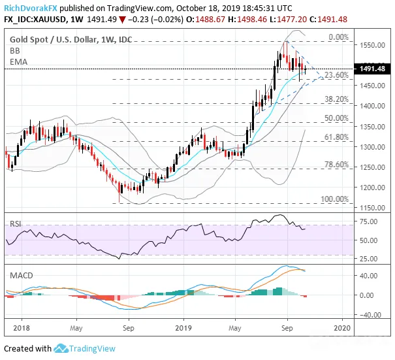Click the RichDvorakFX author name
[x=31, y=8]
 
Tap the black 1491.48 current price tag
[x=372, y=69]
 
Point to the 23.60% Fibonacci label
[x=336, y=75]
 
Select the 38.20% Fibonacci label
[x=336, y=99]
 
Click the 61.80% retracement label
[x=336, y=137]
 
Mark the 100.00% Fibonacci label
[x=334, y=199]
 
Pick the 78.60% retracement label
[x=336, y=165]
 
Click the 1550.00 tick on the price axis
[x=372, y=45]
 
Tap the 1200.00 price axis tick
[x=372, y=188]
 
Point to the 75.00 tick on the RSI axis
[x=368, y=221]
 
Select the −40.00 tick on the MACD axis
[x=370, y=315]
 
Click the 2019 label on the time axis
[x=183, y=328]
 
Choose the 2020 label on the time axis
[x=342, y=328]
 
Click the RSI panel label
[x=16, y=224]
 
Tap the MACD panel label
[x=22, y=275]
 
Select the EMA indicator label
[x=18, y=62]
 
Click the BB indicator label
[x=14, y=51]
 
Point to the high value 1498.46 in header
[x=252, y=20]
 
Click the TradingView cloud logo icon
[x=61, y=348]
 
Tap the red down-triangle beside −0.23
[x=122, y=20]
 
